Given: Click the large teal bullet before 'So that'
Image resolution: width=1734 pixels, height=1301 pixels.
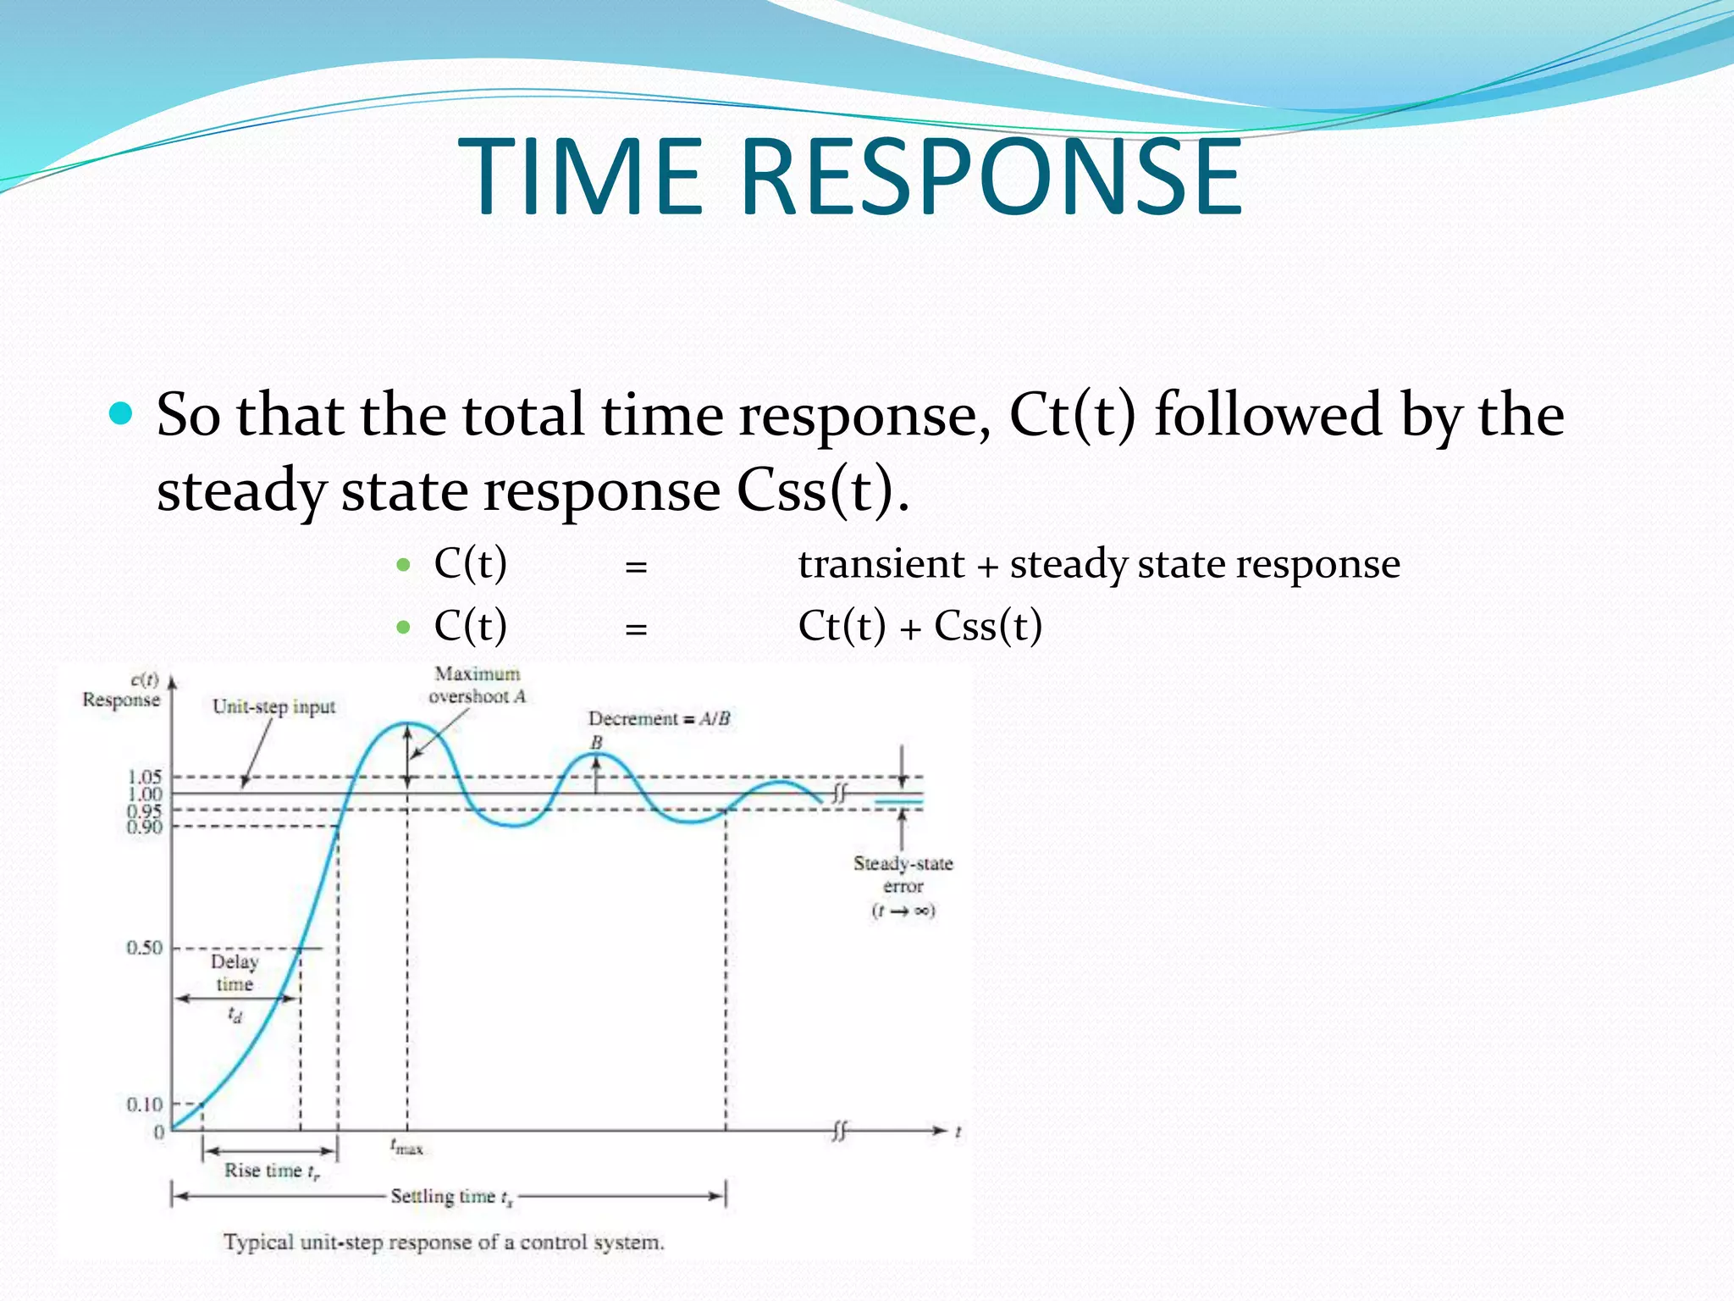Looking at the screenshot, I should [x=122, y=413].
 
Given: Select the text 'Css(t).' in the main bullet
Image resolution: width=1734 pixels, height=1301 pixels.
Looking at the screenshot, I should [x=822, y=490].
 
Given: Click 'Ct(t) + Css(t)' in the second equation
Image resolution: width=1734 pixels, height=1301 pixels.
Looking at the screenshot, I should [x=919, y=627].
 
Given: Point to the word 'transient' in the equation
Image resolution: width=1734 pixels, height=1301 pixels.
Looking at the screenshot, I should [x=881, y=564].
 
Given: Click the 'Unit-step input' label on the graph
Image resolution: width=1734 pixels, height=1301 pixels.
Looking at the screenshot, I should [x=273, y=706].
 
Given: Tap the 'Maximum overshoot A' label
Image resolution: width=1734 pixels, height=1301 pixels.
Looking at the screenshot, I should [x=478, y=685].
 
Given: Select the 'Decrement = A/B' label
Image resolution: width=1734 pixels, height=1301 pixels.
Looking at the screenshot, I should [x=659, y=718].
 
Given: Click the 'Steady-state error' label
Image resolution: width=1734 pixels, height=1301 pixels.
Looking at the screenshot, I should [x=903, y=875].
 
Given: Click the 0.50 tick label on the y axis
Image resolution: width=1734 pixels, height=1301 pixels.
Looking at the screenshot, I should [x=144, y=948].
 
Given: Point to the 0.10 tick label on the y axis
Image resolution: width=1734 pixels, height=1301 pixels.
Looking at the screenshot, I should [x=144, y=1104].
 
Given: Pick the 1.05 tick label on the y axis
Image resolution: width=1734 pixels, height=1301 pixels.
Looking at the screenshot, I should [x=144, y=776].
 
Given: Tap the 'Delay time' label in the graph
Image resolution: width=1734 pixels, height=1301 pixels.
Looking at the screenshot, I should [x=235, y=972].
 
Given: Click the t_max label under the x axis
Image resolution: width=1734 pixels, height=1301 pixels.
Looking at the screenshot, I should [x=406, y=1148].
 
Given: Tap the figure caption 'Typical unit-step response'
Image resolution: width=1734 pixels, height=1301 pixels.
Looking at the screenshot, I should [x=444, y=1243].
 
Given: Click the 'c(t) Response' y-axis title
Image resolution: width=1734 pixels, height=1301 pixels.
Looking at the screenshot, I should [x=123, y=690].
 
